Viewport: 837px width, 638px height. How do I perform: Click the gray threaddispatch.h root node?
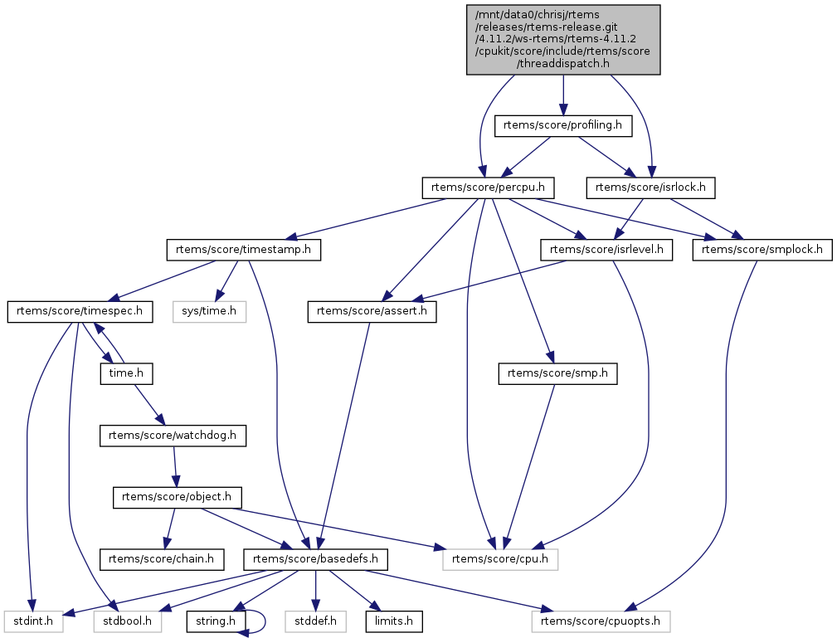[x=563, y=39]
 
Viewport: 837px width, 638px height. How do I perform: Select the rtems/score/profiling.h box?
[x=563, y=125]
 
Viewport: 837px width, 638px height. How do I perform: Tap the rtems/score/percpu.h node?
[x=489, y=187]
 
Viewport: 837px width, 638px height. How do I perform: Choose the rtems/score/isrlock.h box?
[x=652, y=187]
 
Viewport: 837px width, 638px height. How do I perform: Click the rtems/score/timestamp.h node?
[x=244, y=249]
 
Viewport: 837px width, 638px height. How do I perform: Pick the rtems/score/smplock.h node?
[x=762, y=249]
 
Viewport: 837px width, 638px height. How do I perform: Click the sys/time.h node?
[x=210, y=312]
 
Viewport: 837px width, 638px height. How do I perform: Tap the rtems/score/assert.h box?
[x=372, y=312]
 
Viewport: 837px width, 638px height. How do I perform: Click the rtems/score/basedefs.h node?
[x=316, y=559]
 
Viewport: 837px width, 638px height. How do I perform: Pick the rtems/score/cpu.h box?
[x=500, y=559]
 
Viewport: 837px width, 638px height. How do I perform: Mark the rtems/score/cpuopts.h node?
[x=601, y=620]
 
